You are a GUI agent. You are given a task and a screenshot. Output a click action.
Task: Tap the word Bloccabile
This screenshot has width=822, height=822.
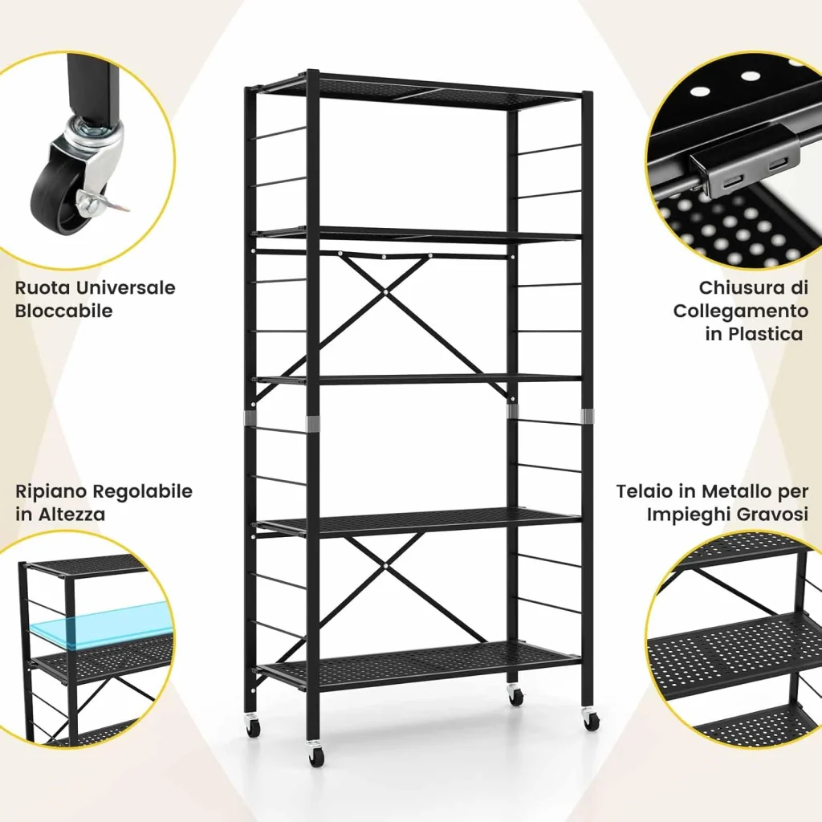click(x=63, y=311)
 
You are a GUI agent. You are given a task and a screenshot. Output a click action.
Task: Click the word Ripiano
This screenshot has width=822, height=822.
click(x=51, y=491)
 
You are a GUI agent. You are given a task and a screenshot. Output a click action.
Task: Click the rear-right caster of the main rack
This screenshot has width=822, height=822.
click(x=516, y=696)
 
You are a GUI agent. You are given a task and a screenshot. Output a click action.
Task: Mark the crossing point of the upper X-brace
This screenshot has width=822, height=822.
click(x=385, y=292)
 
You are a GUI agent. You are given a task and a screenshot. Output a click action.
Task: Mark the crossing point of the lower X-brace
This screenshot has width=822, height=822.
click(x=385, y=566)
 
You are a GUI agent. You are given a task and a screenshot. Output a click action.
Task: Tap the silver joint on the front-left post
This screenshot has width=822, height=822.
click(x=313, y=424)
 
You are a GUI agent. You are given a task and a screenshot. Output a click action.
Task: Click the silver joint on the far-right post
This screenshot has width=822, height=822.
click(x=587, y=416)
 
